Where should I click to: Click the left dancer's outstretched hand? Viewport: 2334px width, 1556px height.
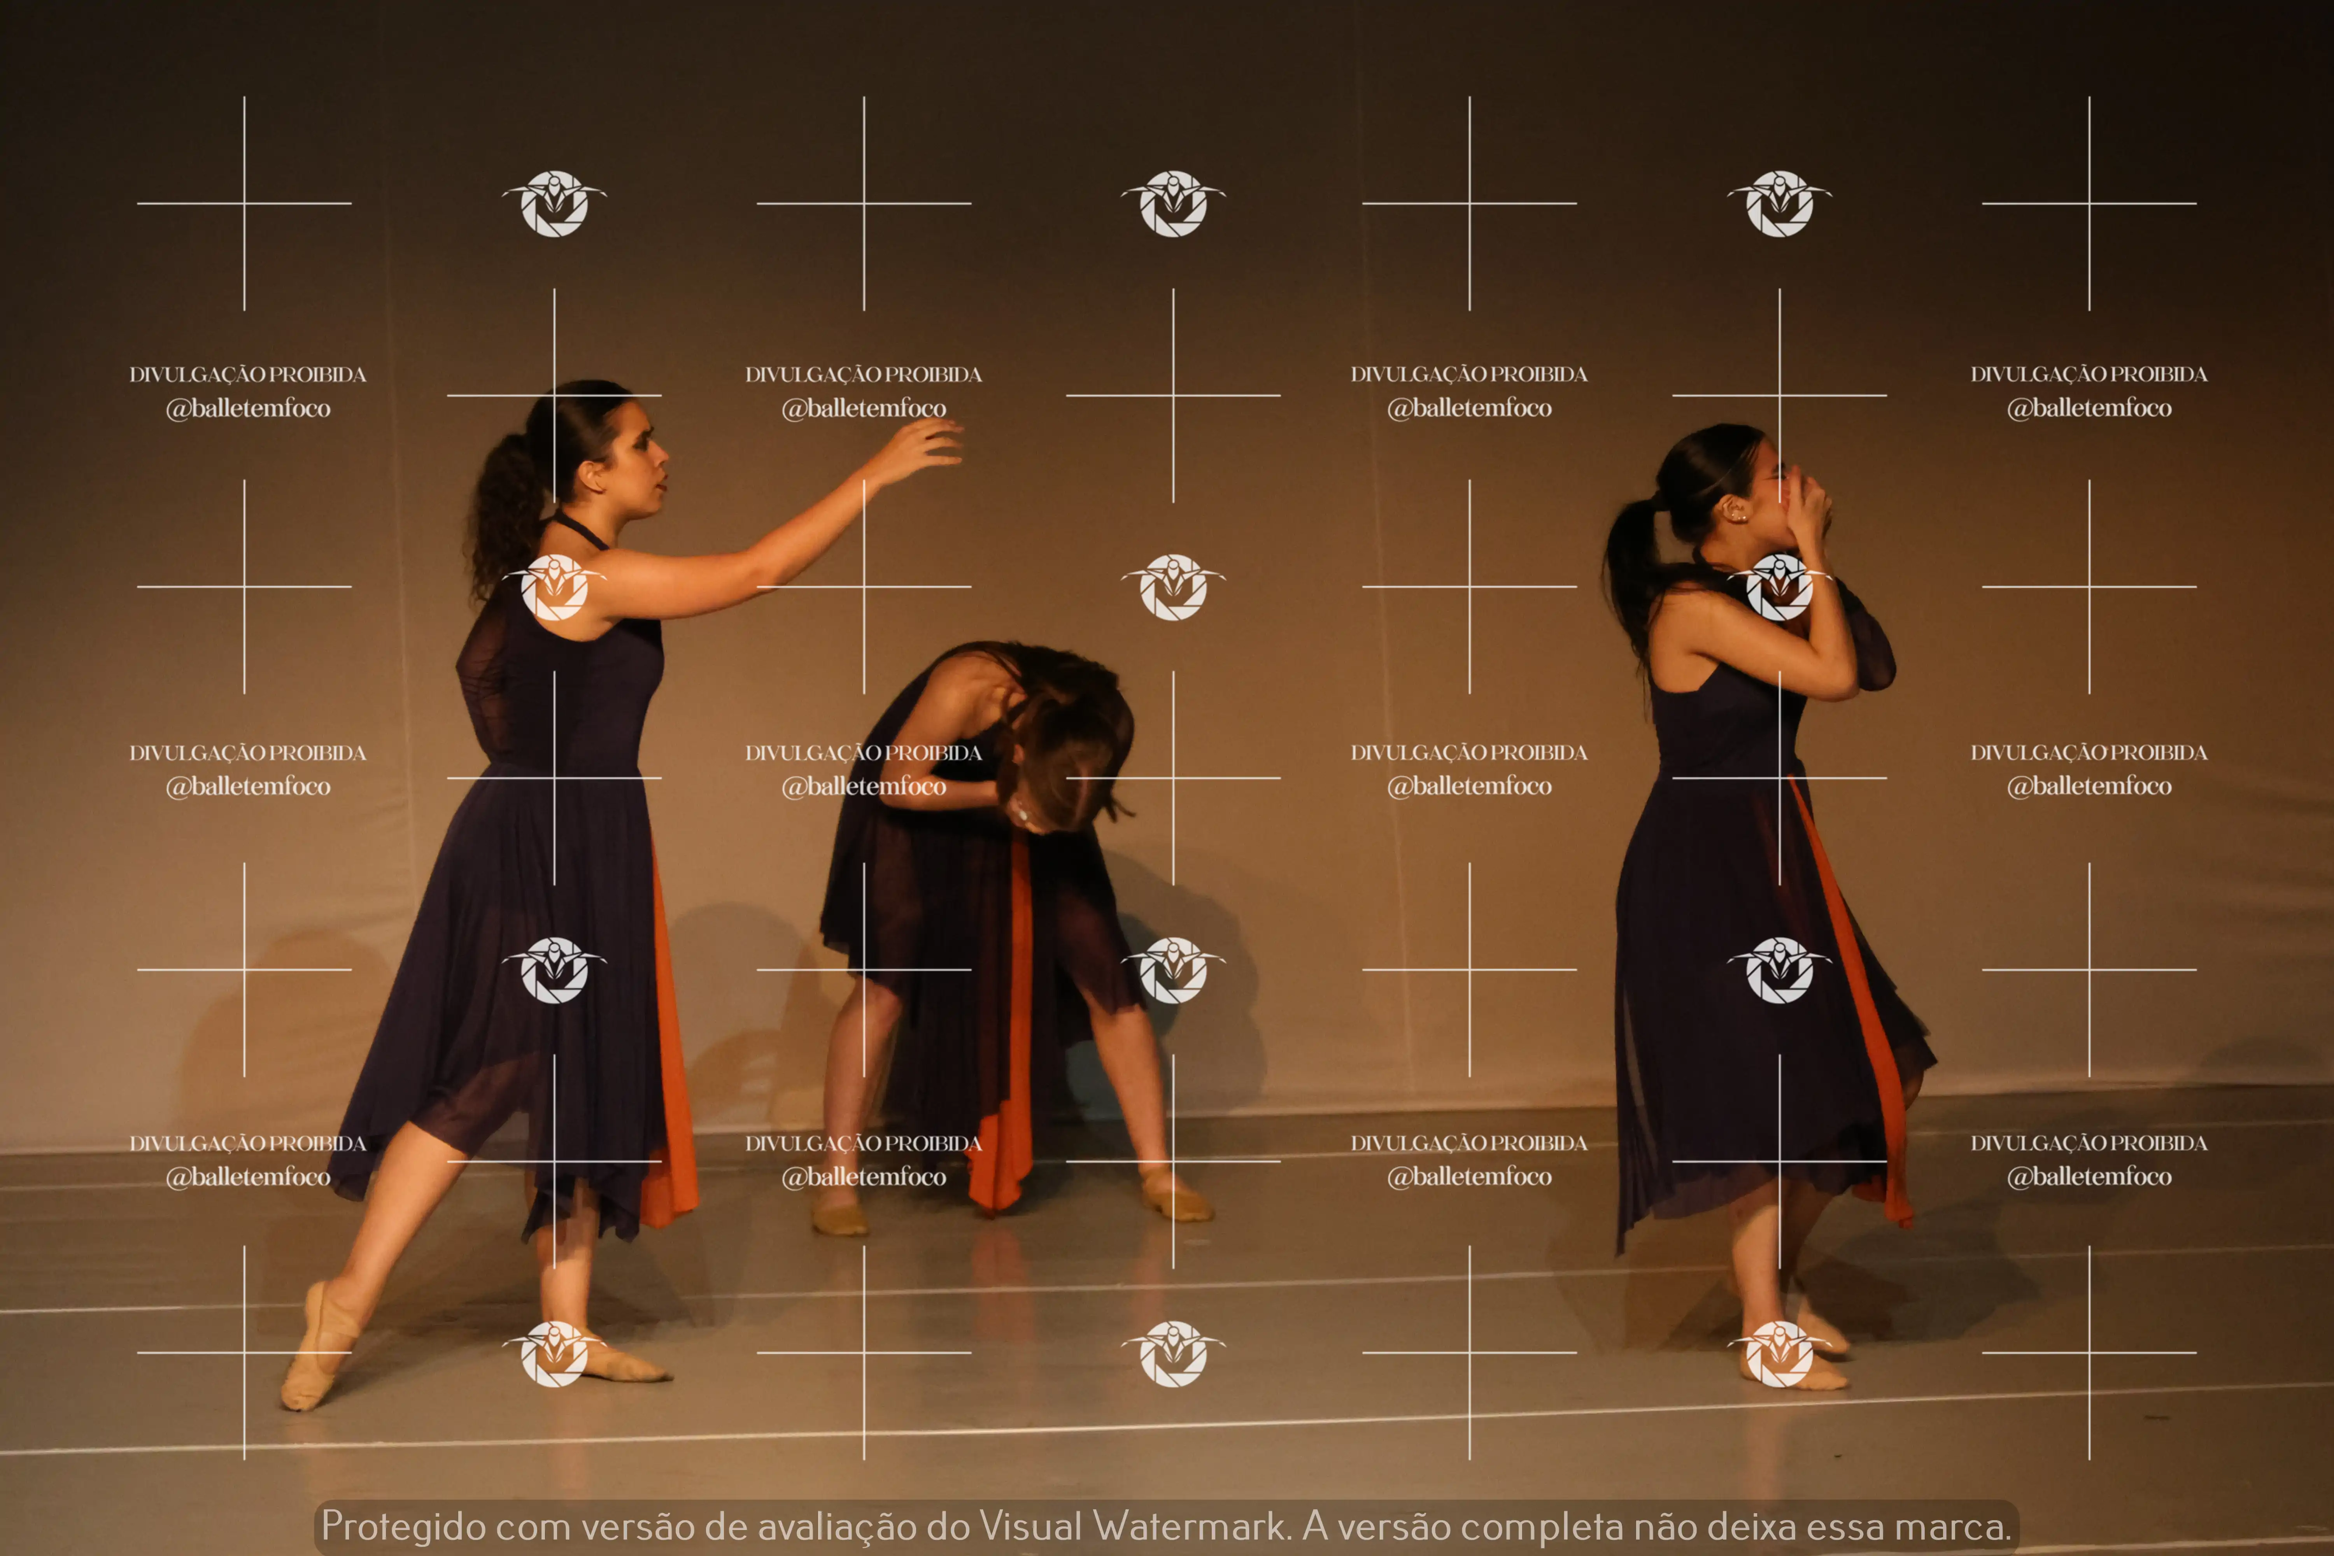[x=918, y=449]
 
